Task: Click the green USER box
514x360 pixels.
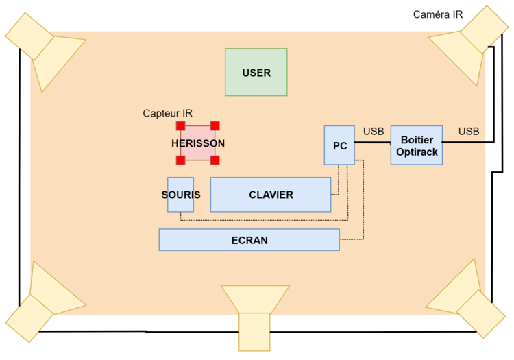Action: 256,72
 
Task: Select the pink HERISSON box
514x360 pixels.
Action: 197,143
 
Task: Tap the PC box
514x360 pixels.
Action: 339,145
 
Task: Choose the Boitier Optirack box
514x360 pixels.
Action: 416,145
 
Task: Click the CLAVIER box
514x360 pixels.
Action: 271,195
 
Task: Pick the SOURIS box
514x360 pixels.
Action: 181,195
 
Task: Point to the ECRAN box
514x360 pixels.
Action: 249,240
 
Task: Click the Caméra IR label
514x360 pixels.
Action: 438,14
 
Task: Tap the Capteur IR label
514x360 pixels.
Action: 167,113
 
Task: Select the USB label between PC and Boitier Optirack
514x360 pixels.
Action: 374,131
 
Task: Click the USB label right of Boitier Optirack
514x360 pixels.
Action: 469,131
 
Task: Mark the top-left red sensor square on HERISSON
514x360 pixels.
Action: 181,126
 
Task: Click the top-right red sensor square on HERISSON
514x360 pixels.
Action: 215,126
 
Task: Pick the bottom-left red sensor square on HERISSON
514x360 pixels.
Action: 181,160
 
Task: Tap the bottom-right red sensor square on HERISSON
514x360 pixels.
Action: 215,160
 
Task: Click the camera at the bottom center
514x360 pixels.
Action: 255,318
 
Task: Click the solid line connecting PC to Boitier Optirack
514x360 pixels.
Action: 372,143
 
